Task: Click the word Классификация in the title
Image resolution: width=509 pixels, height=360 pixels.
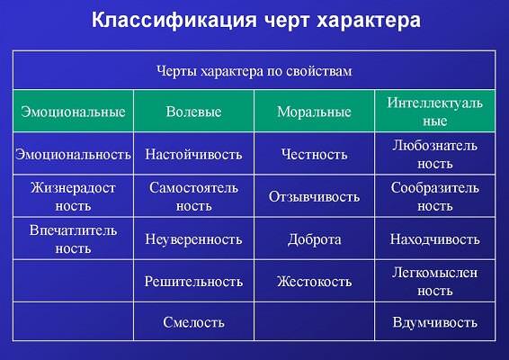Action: pyautogui.click(x=174, y=21)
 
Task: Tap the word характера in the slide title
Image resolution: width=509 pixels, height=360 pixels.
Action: pyautogui.click(x=369, y=21)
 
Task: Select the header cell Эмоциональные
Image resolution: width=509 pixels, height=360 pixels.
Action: pyautogui.click(x=73, y=112)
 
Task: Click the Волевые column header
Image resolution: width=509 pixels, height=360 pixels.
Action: pyautogui.click(x=193, y=112)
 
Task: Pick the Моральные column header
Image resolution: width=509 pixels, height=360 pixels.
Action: pyautogui.click(x=314, y=112)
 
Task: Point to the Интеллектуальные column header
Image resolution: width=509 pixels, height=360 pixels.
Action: pyautogui.click(x=435, y=112)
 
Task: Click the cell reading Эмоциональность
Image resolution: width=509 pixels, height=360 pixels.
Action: pyautogui.click(x=73, y=154)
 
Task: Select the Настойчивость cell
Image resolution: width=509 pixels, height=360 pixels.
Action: pyautogui.click(x=193, y=154)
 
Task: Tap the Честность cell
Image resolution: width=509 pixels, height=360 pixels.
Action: pyautogui.click(x=314, y=154)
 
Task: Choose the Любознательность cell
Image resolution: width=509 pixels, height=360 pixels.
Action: pyautogui.click(x=435, y=154)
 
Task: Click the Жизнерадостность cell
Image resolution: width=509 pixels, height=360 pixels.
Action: pyautogui.click(x=73, y=196)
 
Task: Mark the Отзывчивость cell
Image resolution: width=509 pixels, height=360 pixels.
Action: pyautogui.click(x=314, y=196)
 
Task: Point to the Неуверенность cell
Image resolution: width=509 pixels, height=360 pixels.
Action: pyautogui.click(x=193, y=239)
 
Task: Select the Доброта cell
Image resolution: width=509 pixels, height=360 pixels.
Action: pyautogui.click(x=314, y=239)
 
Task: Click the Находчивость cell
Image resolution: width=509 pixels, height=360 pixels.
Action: pyautogui.click(x=435, y=239)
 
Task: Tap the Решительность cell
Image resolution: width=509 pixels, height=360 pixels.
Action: pyautogui.click(x=193, y=282)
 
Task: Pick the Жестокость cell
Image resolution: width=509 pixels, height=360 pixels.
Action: pyautogui.click(x=314, y=282)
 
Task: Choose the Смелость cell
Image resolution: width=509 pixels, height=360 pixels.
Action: pyautogui.click(x=193, y=322)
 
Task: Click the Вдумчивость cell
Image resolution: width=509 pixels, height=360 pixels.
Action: pyautogui.click(x=435, y=322)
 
